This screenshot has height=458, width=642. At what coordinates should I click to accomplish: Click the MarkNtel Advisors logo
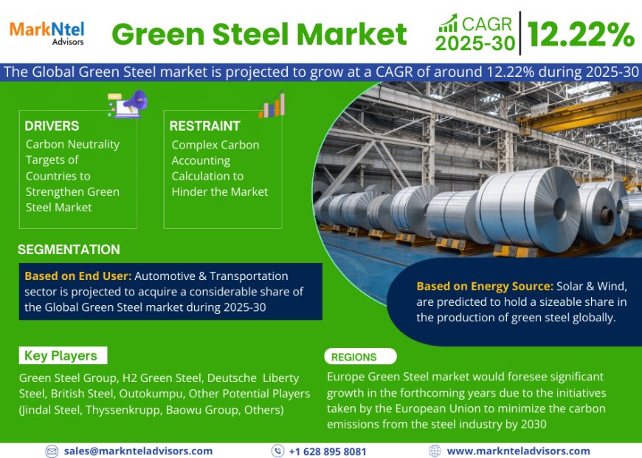(x=46, y=32)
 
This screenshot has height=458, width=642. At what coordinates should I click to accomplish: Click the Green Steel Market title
(x=259, y=34)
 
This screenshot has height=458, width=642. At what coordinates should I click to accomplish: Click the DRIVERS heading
(x=52, y=126)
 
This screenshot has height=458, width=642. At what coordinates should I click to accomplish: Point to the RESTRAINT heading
(x=204, y=126)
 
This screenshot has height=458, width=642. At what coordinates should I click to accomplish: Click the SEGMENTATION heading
(x=69, y=250)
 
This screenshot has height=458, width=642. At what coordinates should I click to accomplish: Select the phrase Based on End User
(x=77, y=276)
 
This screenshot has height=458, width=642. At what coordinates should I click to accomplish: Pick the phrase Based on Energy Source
(x=484, y=286)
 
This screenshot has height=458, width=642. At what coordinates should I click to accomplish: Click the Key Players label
(x=61, y=356)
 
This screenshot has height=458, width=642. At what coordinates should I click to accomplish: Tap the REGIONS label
(x=354, y=357)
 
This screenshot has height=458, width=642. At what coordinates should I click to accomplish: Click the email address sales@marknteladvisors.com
(x=138, y=451)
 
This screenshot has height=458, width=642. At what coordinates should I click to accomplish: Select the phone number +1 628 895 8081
(x=327, y=451)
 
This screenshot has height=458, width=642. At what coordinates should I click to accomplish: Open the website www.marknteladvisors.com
(x=518, y=451)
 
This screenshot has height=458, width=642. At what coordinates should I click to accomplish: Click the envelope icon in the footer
(x=52, y=451)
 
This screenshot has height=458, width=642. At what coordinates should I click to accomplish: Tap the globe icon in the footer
(x=435, y=451)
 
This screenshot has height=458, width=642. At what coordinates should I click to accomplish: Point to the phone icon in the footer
(x=277, y=451)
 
